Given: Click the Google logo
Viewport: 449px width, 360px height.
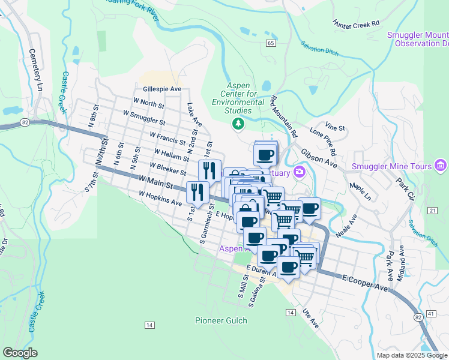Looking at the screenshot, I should pos(20,353).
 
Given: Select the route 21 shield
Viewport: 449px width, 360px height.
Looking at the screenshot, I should pos(432,210).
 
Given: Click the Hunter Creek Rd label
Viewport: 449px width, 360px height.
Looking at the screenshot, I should pos(357,23).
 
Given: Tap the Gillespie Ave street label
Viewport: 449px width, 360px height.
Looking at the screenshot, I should pos(161,89).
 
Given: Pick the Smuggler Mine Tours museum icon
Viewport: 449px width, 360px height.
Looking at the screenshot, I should pos(441,165).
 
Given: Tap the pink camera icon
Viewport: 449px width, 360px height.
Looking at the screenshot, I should pos(299,173).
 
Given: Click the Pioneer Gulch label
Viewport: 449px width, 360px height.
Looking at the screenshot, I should pos(221,320).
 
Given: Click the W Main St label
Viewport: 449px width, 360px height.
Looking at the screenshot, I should pos(155,179).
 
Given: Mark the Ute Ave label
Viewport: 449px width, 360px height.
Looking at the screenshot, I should pos(311,319).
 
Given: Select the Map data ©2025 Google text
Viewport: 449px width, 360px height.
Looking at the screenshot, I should pos(412,355).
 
